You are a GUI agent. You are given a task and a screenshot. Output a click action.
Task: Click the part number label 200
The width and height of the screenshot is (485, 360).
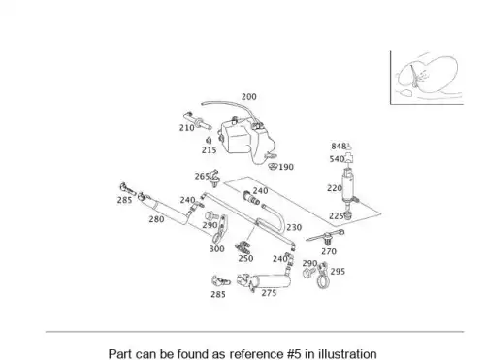(x=249, y=97)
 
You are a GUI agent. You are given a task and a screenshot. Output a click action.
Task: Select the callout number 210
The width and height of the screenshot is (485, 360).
(x=187, y=128)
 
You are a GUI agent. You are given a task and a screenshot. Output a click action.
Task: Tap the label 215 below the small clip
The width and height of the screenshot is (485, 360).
(x=210, y=150)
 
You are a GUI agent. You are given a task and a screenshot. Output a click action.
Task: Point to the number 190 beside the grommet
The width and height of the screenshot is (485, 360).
(x=286, y=167)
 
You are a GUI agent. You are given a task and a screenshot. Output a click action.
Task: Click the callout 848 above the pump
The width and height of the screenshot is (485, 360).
(x=339, y=147)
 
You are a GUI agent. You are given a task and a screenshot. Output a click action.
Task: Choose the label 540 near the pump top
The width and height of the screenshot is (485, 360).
(x=337, y=159)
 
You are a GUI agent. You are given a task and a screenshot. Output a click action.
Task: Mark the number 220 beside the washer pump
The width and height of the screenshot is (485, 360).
(x=335, y=188)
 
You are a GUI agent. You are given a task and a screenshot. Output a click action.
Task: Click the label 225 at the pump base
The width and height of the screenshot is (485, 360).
(x=337, y=216)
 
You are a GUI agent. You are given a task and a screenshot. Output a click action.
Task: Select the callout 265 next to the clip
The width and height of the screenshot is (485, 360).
(x=202, y=177)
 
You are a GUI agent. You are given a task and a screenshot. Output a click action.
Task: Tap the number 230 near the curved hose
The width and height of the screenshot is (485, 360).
(x=294, y=228)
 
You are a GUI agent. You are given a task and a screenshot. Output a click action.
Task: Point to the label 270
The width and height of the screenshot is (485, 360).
(x=329, y=251)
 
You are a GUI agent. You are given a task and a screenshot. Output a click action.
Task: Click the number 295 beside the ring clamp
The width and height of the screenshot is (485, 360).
(x=338, y=272)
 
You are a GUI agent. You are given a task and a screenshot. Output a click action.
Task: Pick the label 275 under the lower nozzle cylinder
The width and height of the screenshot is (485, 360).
(x=269, y=293)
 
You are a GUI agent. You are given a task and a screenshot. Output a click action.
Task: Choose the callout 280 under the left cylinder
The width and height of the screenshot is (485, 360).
(x=156, y=219)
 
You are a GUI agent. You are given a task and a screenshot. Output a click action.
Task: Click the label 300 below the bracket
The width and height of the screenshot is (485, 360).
(x=217, y=249)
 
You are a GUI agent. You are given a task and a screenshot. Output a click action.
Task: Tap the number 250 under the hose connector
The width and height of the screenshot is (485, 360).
(x=245, y=258)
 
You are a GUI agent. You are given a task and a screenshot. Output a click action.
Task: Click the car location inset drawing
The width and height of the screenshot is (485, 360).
(x=427, y=78)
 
